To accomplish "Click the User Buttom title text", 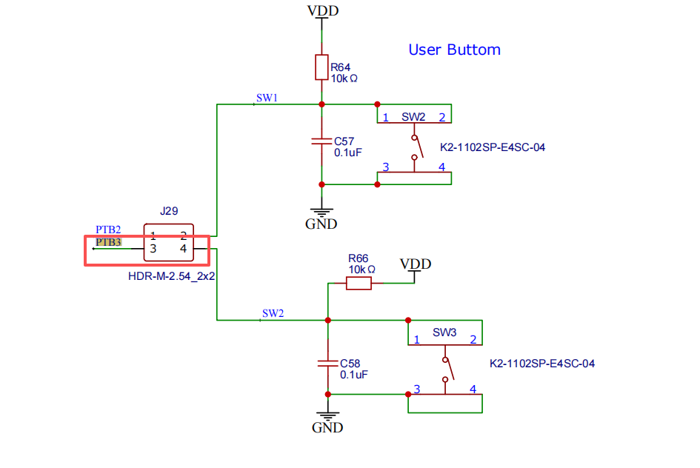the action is coord(455,50).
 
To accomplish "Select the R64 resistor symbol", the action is coord(321,67).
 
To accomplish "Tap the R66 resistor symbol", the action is coord(359,283).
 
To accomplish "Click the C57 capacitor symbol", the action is coord(321,141).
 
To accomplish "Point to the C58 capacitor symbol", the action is coord(327,363).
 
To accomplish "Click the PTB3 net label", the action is coord(108,242).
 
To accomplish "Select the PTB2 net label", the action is coord(108,230).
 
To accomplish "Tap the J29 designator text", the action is coord(169,210).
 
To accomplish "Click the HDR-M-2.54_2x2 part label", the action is coord(171,276).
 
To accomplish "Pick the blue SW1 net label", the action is coord(267,98).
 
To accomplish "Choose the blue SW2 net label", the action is coord(273,313).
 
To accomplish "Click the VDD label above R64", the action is coord(323,10).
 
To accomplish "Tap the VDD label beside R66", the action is coord(415,264).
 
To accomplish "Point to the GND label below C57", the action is coord(321,224).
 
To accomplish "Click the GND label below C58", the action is coord(327,427).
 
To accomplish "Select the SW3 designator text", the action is coord(444,332).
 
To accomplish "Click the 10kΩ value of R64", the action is coord(344,78).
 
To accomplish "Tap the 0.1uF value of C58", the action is coord(353,375).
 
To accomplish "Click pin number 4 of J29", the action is coord(183,249).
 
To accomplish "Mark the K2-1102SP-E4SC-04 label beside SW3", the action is coord(542,364).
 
